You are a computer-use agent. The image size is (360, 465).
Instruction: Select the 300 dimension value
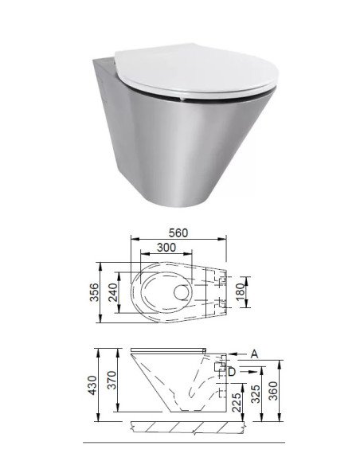pos(165,248)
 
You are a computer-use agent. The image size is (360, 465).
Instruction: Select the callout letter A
pos(253,352)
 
